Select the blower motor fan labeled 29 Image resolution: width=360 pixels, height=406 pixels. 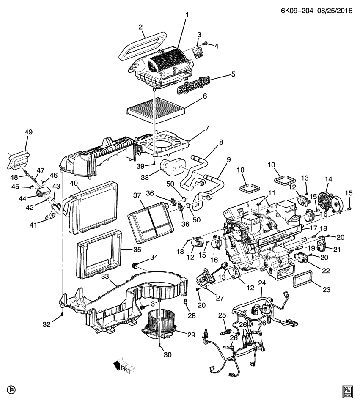(x=162, y=325)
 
